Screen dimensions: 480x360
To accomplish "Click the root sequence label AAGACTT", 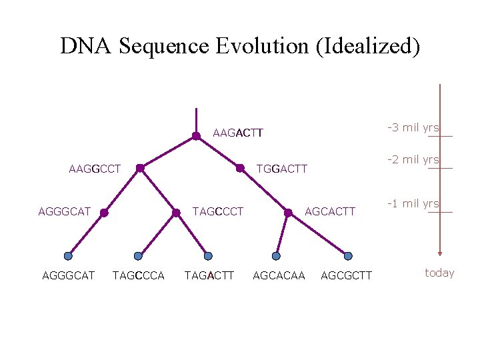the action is [238, 133].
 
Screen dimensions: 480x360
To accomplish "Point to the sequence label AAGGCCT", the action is [95, 169].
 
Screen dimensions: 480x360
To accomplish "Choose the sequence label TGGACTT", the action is [282, 169].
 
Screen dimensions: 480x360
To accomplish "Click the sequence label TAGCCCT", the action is [218, 212].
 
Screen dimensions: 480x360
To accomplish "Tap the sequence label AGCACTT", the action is [330, 212].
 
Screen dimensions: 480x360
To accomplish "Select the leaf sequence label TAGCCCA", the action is [139, 275].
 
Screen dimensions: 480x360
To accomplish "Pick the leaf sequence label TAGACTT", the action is [209, 275].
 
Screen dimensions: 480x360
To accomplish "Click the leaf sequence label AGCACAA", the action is [279, 275].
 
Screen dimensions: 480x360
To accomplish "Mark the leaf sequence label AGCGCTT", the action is [347, 275].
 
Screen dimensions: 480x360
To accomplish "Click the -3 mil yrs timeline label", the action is [413, 127].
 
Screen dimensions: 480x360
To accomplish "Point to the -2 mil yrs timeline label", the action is [413, 159].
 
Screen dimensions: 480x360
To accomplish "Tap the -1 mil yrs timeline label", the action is [413, 203].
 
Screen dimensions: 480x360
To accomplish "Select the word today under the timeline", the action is [439, 273].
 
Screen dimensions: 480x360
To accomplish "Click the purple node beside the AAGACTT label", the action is [196, 136].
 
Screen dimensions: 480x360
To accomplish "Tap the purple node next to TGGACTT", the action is [240, 169].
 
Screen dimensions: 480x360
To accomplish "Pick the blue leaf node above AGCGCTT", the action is [348, 256].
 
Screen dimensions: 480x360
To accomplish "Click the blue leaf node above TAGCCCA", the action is [138, 256].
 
